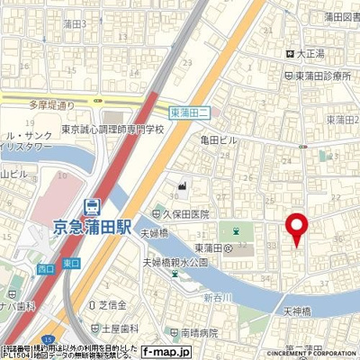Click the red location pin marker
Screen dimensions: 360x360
(x=296, y=229)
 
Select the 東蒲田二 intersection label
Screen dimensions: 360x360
(x=190, y=112)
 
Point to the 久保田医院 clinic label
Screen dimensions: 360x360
(x=184, y=214)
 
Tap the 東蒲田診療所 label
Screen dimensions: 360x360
(x=321, y=77)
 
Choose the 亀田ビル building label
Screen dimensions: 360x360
(x=220, y=139)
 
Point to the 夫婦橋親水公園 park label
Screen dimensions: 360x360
(x=175, y=262)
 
